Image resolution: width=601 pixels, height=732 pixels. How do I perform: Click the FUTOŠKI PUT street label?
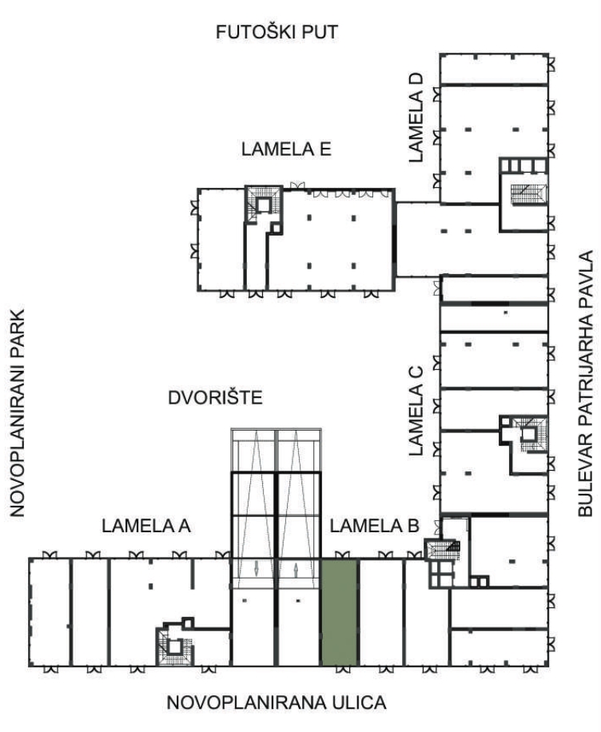tap(277, 32)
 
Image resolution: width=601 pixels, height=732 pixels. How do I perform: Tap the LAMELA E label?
tap(286, 149)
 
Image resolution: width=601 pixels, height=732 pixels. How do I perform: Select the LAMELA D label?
tap(416, 117)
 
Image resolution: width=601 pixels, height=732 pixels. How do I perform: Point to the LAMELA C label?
tap(416, 412)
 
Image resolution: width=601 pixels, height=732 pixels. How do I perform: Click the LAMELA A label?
tap(146, 526)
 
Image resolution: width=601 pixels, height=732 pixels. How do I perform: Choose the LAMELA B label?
tap(375, 526)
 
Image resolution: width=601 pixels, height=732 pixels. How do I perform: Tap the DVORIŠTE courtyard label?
tap(215, 398)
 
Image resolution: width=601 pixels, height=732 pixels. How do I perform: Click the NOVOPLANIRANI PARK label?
tap(17, 412)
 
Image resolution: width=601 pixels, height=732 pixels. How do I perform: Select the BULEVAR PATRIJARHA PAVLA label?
tap(585, 384)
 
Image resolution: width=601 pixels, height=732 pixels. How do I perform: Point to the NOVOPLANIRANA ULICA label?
tap(277, 702)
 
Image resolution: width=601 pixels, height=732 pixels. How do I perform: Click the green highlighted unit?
tap(339, 612)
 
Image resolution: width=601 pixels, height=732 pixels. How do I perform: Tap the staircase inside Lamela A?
tap(175, 646)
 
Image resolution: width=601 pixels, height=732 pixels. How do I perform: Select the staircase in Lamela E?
tap(264, 204)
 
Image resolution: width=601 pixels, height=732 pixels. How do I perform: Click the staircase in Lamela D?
tap(527, 193)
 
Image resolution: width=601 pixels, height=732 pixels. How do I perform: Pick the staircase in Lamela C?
tap(529, 434)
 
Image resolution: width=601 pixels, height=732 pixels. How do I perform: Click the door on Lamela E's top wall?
tap(297, 185)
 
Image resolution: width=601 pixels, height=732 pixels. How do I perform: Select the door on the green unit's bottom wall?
tap(343, 669)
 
